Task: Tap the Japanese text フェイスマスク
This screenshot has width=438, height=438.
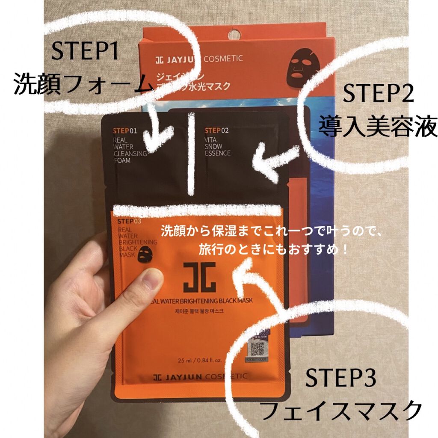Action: pyautogui.click(x=340, y=411)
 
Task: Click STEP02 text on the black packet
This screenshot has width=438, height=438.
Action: pyautogui.click(x=216, y=130)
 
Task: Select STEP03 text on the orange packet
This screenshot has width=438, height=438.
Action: pyautogui.click(x=129, y=221)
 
